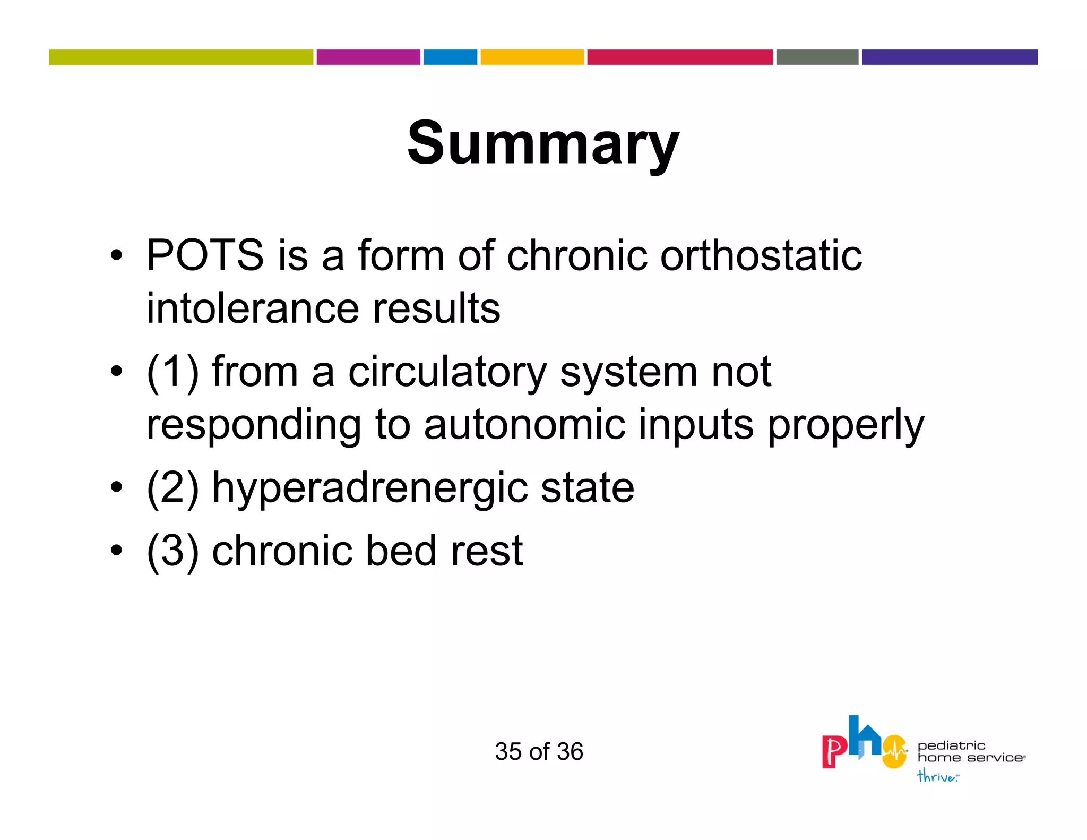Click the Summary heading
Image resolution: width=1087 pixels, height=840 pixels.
pyautogui.click(x=543, y=143)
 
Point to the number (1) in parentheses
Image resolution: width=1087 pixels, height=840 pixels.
pyautogui.click(x=172, y=371)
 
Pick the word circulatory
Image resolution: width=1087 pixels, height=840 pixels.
pyautogui.click(x=447, y=372)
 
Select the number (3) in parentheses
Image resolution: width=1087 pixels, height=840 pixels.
pyautogui.click(x=172, y=551)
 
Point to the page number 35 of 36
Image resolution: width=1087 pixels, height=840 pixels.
pyautogui.click(x=539, y=751)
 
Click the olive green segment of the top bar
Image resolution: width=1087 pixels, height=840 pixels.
pyautogui.click(x=181, y=57)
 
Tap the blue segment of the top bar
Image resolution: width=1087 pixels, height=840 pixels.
pyautogui.click(x=450, y=57)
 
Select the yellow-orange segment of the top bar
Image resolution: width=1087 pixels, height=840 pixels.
pyautogui.click(x=532, y=57)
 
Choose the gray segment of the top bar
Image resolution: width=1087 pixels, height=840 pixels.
pyautogui.click(x=817, y=57)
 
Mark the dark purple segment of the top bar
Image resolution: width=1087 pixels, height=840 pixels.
pyautogui.click(x=949, y=57)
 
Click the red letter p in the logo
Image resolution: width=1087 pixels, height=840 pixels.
pyautogui.click(x=834, y=751)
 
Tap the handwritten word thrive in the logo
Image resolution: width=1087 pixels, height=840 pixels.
pyautogui.click(x=937, y=776)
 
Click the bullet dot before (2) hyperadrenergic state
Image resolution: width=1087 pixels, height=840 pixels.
pyautogui.click(x=116, y=487)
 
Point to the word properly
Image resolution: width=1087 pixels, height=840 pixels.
pyautogui.click(x=846, y=425)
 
